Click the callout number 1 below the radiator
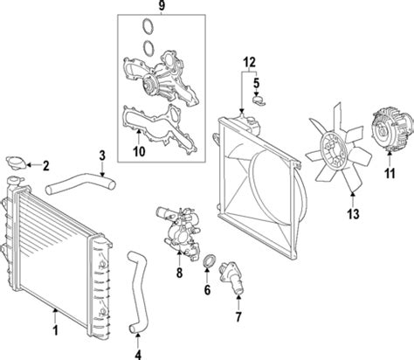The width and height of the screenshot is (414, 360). coord(54,332)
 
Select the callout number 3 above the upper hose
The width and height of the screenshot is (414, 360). coord(102,156)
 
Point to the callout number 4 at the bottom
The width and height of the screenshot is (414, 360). coord(137,353)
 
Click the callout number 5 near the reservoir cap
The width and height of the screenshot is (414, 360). coord(256,84)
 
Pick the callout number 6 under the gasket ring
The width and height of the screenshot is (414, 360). coord(206,288)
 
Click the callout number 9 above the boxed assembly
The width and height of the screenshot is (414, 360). coord(160,7)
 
